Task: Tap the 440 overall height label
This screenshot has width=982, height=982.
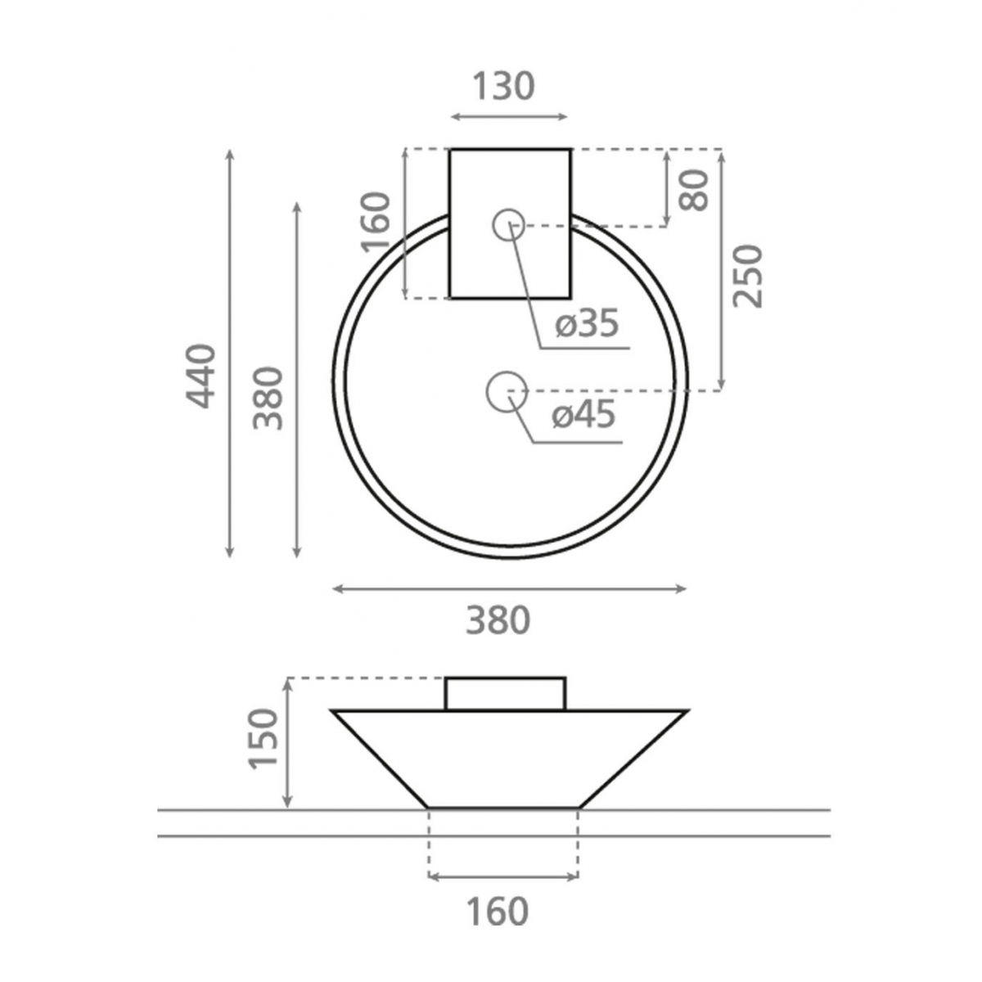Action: tap(200, 376)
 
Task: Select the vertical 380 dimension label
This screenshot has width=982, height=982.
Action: tap(268, 399)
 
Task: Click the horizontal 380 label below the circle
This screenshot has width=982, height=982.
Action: tap(498, 620)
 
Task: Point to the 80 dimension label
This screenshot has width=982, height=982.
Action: tap(695, 191)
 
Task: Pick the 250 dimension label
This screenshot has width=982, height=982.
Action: tap(747, 276)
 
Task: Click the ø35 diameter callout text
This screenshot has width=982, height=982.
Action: tap(586, 324)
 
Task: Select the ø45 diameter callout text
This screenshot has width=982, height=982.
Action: tap(583, 416)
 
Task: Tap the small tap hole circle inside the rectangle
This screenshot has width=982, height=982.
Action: tap(508, 224)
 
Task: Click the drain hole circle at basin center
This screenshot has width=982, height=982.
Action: tap(506, 391)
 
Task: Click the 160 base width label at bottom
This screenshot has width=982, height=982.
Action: tap(498, 911)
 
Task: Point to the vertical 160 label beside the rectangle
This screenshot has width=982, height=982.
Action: tap(376, 223)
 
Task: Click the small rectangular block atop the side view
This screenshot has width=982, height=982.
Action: tap(505, 694)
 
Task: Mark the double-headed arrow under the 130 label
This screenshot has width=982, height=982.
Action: tap(509, 117)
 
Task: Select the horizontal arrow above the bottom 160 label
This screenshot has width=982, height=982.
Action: tap(503, 877)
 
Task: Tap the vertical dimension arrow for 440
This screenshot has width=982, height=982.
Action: tap(231, 354)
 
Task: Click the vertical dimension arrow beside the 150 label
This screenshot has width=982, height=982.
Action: tap(287, 743)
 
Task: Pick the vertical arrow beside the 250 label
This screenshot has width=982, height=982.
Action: tap(721, 270)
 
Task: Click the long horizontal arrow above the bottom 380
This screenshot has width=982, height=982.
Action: tap(509, 588)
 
